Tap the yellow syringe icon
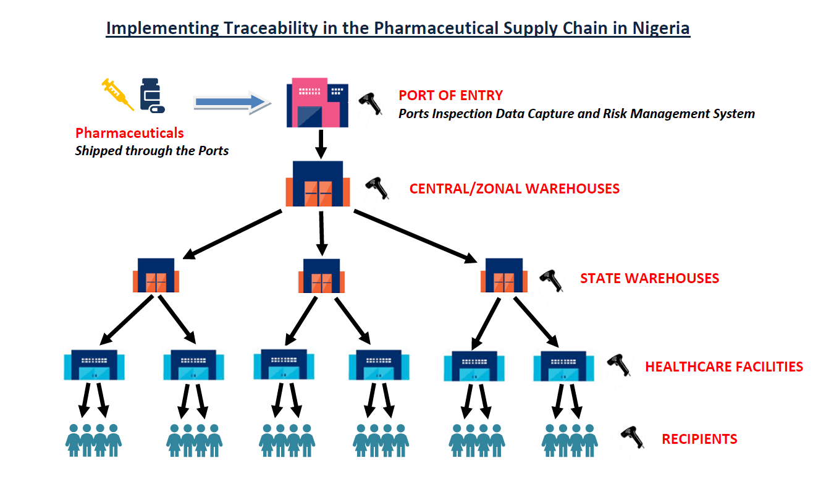pos(117,93)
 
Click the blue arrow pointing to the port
pos(232,102)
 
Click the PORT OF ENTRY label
pos(450,95)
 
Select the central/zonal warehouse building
pos(318,184)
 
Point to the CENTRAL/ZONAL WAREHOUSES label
pos(514,189)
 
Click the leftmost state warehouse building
pos(156,275)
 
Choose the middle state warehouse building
pos(321,276)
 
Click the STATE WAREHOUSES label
pos(649,278)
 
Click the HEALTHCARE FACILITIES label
pos(723,367)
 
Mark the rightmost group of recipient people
pos(569,440)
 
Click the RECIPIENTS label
pos(699,440)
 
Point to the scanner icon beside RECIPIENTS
pos(633,437)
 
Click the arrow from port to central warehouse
pos(320,143)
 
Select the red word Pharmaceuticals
pos(129,133)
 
